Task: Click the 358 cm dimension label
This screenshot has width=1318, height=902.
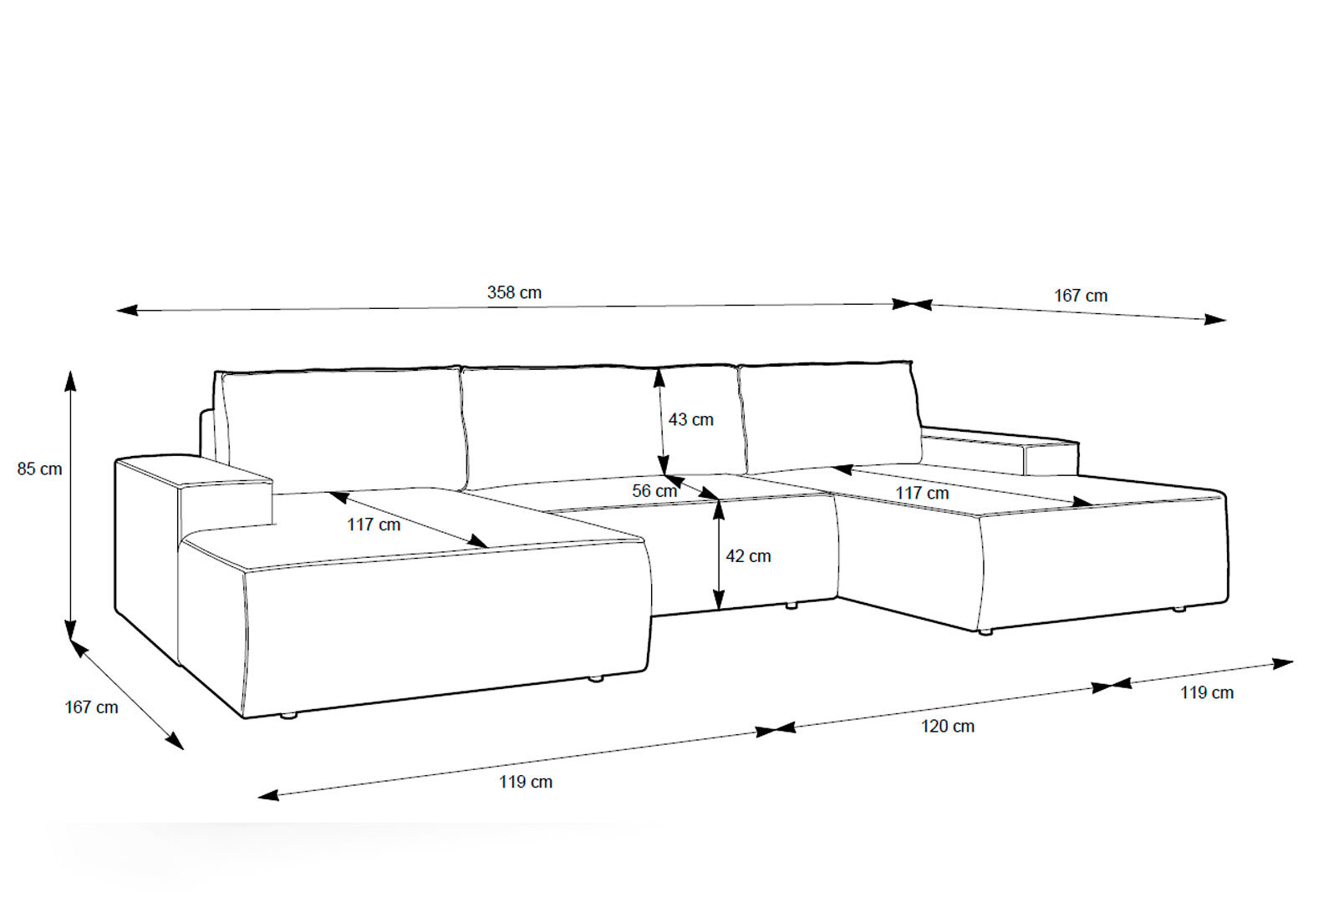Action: pos(514,292)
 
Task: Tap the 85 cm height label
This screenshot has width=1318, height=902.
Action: pos(39,469)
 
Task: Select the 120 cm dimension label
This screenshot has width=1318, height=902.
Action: pos(947,726)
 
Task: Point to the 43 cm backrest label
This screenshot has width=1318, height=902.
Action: pos(691,419)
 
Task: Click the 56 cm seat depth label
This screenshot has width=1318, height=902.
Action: pos(654,490)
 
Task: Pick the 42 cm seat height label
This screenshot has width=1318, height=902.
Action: pos(748,555)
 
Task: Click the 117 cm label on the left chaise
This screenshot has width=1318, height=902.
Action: pos(374,524)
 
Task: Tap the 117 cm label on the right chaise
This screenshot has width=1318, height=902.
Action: pos(922,493)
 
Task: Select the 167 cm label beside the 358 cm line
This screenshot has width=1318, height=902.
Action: pos(1081,295)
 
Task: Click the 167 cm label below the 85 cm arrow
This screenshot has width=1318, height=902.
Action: pos(91,707)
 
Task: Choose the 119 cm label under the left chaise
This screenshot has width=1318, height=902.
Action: pos(526,782)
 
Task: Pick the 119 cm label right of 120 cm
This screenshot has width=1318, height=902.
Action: pos(1207,692)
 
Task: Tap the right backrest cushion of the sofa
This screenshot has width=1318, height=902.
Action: pos(830,418)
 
